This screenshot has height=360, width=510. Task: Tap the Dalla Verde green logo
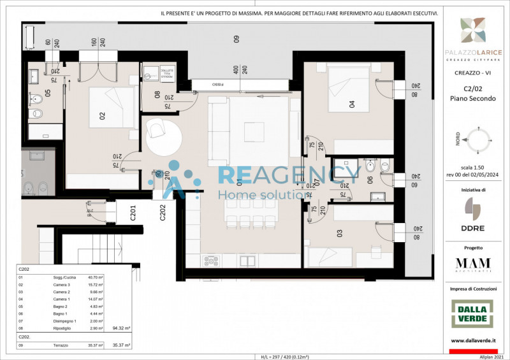(x=473, y=313)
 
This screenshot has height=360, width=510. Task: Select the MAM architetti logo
(x=473, y=264)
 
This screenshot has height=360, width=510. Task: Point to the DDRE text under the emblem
(x=473, y=227)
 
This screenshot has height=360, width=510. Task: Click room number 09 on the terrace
(x=236, y=39)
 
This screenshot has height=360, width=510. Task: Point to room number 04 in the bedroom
(x=351, y=103)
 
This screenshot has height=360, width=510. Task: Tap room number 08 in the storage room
(x=157, y=95)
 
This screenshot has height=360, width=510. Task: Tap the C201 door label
(x=133, y=212)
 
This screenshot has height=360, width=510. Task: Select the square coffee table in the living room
(x=253, y=131)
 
